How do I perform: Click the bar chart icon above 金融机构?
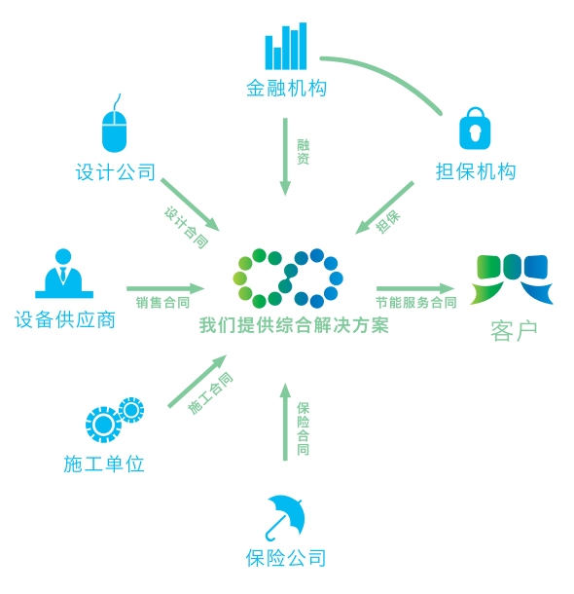tap(286, 46)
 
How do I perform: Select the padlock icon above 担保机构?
tap(475, 128)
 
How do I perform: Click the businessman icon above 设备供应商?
tap(64, 274)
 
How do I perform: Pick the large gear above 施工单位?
tap(102, 425)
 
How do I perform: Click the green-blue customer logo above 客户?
tap(512, 279)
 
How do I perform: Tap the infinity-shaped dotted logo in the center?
tap(288, 278)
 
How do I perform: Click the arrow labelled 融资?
tap(285, 157)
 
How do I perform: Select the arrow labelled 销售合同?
tap(165, 288)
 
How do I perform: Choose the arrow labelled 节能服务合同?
tap(415, 288)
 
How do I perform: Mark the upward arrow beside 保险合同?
tap(285, 422)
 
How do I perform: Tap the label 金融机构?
tap(286, 89)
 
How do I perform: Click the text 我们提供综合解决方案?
tap(294, 325)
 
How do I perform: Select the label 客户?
tap(515, 331)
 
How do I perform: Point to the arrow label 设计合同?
tap(186, 227)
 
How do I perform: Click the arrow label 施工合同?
tap(210, 393)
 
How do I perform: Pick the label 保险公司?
tap(286, 558)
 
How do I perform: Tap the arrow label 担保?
tap(388, 221)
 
